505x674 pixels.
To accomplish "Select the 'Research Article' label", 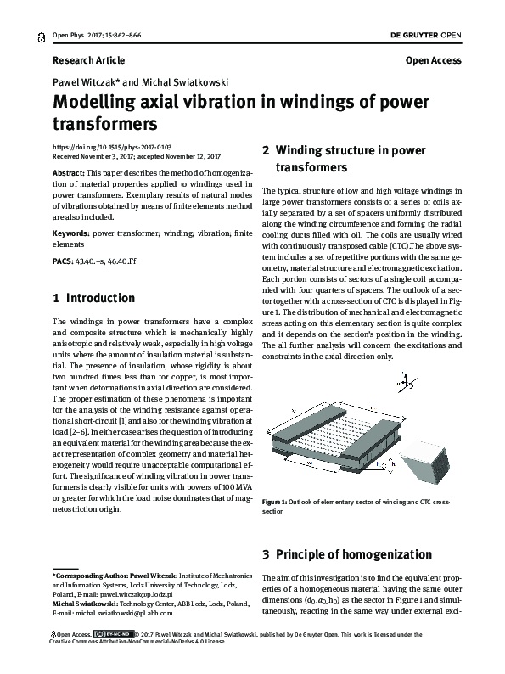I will coord(88,60).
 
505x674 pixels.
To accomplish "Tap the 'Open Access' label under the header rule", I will coord(433,60).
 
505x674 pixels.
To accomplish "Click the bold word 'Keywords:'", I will coord(71,231).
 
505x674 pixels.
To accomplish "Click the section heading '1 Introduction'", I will coord(93,299).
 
